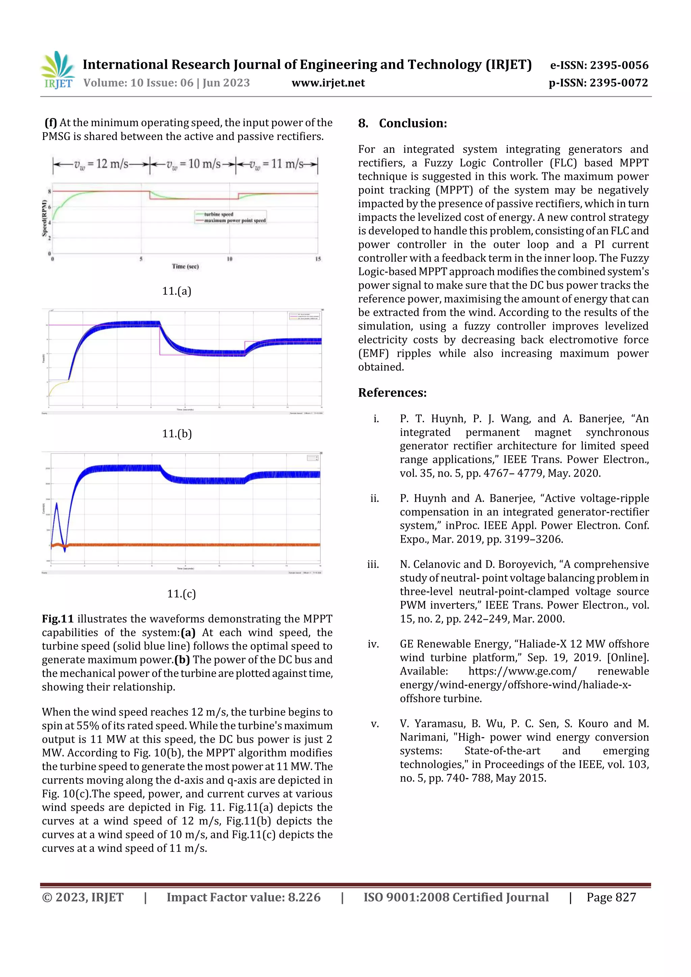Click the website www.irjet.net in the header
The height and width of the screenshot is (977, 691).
click(328, 83)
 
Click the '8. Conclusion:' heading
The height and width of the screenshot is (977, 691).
click(402, 123)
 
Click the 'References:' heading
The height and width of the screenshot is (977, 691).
click(392, 392)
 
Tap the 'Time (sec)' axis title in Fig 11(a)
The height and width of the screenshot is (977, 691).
click(185, 266)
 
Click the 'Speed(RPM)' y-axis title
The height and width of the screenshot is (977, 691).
click(44, 218)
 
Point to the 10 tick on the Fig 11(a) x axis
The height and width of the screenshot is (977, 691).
click(229, 259)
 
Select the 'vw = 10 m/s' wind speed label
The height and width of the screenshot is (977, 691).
click(194, 164)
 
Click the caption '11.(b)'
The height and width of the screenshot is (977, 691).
click(177, 434)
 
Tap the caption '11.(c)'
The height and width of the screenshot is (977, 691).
click(182, 594)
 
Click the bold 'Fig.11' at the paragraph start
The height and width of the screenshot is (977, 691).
click(57, 619)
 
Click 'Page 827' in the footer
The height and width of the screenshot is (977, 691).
click(611, 897)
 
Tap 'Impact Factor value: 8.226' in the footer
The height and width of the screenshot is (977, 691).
click(244, 897)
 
